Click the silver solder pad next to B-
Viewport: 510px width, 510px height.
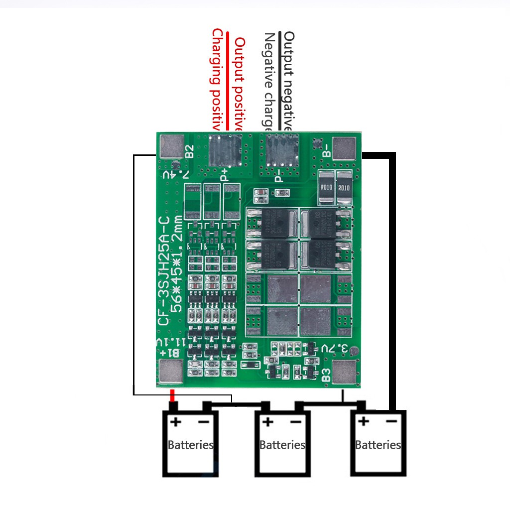click(x=345, y=148)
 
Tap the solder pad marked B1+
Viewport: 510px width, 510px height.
click(x=170, y=373)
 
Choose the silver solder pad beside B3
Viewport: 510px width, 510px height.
click(x=345, y=373)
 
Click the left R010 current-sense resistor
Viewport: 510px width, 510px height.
click(x=326, y=188)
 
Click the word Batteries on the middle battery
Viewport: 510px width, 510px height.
click(x=282, y=445)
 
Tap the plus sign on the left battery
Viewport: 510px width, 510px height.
click(x=175, y=422)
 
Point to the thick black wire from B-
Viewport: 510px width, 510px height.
click(x=392, y=279)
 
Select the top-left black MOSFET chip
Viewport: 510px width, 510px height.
click(x=273, y=224)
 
